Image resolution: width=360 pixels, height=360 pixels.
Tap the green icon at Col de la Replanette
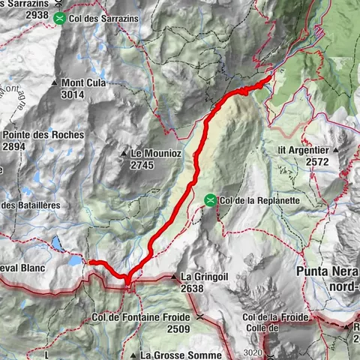point(211,200)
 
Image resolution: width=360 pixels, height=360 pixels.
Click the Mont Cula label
point(82,82)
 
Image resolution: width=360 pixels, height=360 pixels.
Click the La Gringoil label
point(204,276)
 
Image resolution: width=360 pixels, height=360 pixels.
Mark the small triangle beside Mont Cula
point(55,82)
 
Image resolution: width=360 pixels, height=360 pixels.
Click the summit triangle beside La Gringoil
point(173,277)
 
